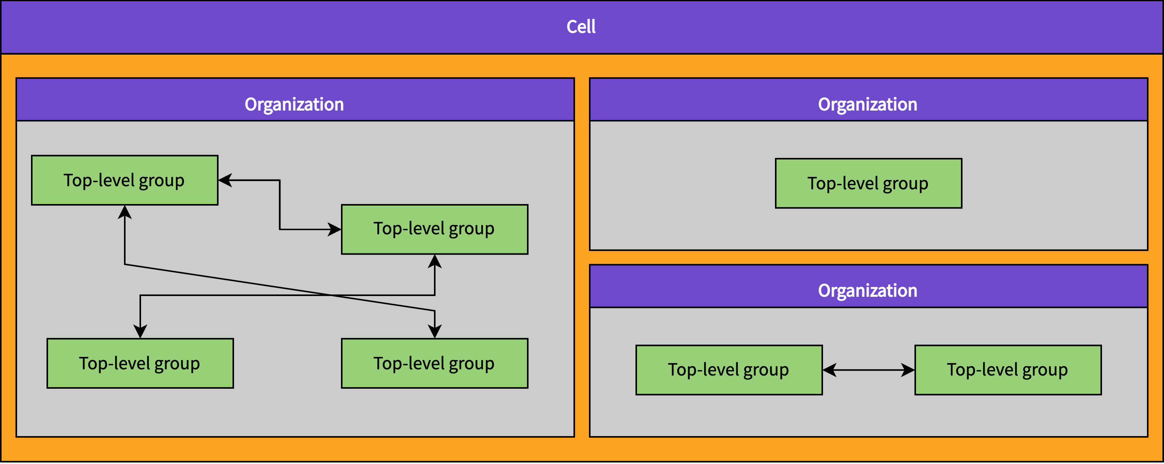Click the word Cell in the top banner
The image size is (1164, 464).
click(x=581, y=27)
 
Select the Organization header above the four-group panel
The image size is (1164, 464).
click(x=294, y=104)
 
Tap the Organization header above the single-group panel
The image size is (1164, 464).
click(x=868, y=104)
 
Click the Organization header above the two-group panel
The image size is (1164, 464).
click(x=868, y=290)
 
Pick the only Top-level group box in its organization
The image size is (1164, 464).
click(x=868, y=183)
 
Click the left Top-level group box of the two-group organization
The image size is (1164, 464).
click(x=728, y=370)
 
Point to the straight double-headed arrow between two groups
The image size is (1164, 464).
click(x=868, y=370)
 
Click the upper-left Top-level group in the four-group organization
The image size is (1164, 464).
click(x=124, y=180)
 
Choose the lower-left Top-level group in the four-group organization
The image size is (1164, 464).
click(x=140, y=363)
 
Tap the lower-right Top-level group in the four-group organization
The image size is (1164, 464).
click(x=434, y=363)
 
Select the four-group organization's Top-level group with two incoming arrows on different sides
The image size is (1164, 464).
click(x=434, y=229)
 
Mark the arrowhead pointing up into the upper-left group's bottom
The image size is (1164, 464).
click(x=125, y=212)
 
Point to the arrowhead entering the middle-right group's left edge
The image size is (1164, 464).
click(x=334, y=229)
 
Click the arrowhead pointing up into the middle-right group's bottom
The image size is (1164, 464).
click(x=435, y=261)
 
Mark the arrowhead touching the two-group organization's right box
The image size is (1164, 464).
click(x=908, y=370)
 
